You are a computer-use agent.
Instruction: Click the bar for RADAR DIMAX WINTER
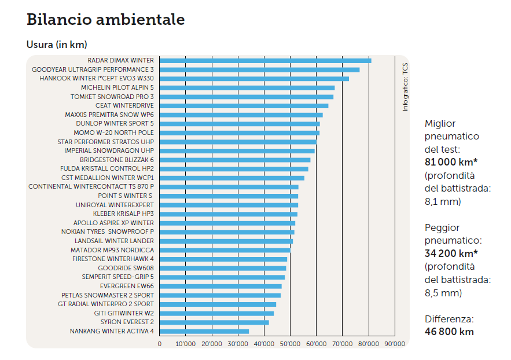[265, 60]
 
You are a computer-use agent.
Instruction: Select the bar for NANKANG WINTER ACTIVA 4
[204, 332]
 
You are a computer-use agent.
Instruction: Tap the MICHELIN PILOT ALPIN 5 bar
[247, 87]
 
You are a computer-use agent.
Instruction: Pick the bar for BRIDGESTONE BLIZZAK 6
[235, 160]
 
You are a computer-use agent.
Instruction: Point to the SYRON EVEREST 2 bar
[214, 322]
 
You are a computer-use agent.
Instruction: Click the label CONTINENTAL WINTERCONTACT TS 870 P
[91, 187]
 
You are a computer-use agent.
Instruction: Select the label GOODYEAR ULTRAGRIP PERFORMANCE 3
[93, 69]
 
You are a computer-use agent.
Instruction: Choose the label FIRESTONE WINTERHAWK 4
[113, 259]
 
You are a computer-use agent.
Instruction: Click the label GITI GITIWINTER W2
[124, 313]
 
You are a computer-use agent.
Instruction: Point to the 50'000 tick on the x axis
[290, 344]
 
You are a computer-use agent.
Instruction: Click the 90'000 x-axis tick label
[395, 344]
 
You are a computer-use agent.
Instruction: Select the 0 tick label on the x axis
[160, 344]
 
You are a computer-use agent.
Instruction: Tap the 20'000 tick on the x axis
[212, 344]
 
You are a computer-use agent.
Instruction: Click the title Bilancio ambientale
[106, 20]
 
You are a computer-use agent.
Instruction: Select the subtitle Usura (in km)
[57, 45]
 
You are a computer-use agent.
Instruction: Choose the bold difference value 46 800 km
[449, 332]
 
